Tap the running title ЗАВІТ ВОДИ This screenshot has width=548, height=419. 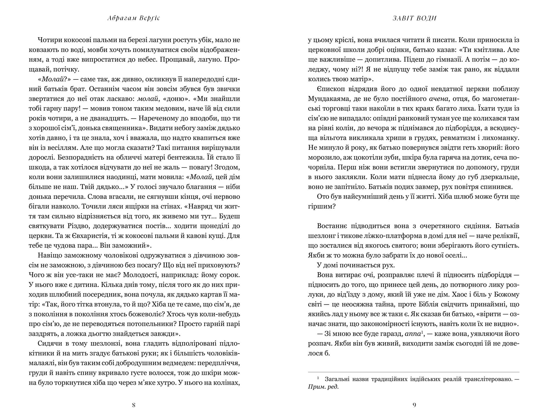point(414,18)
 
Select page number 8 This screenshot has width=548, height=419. point(134,405)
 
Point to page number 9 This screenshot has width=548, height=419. point(414,405)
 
